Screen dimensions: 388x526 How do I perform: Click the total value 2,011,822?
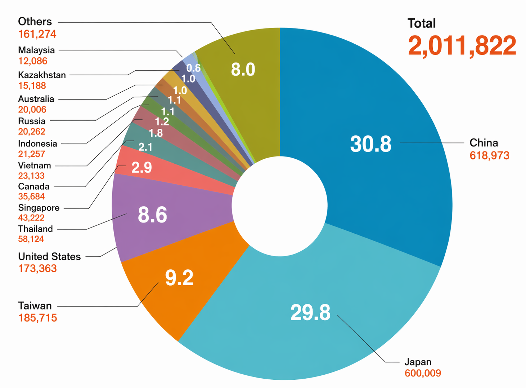click(462, 46)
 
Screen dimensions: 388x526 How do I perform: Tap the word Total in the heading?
click(421, 23)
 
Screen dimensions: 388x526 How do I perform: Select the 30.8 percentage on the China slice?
click(370, 144)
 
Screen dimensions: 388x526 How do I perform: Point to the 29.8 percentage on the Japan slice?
click(310, 312)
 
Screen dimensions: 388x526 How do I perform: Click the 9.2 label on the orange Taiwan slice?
click(179, 278)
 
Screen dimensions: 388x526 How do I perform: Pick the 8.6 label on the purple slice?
click(152, 215)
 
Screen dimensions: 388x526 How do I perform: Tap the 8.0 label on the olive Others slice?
click(243, 69)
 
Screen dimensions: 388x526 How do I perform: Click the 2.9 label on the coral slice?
click(141, 167)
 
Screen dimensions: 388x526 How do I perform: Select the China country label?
click(484, 143)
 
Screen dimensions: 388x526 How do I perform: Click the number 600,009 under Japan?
click(423, 373)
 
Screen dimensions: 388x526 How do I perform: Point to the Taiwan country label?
click(35, 306)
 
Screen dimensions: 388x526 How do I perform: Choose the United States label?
click(49, 256)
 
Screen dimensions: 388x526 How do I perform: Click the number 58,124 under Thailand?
click(31, 239)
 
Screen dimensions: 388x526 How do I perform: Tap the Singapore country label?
click(39, 208)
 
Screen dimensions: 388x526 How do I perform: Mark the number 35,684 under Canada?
click(31, 197)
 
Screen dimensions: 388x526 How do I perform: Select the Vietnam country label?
click(35, 166)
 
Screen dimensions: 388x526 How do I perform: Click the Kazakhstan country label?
click(42, 75)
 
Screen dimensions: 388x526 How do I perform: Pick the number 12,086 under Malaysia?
click(33, 61)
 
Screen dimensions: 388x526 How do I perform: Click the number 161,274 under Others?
click(37, 34)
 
